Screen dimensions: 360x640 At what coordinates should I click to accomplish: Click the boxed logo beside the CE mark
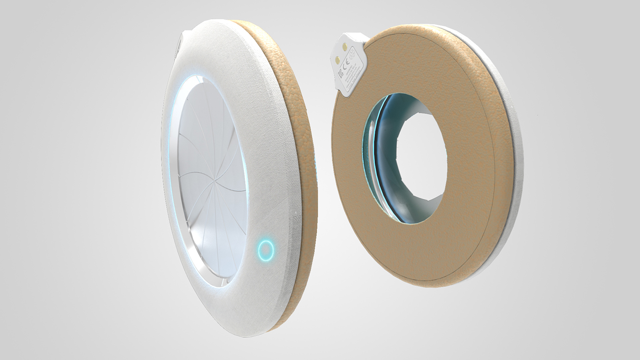click(x=341, y=74)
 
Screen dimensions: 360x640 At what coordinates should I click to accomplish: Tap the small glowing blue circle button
click(x=266, y=249)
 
